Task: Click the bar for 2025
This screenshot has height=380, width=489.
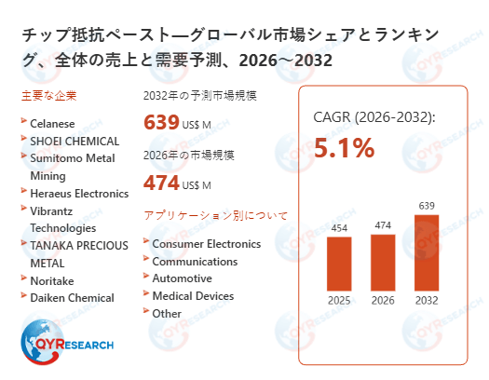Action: tap(338, 263)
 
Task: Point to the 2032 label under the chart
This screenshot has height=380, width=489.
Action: tap(426, 300)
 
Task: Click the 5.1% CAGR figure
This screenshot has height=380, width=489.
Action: tap(344, 148)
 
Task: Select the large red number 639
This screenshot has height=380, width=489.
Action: tap(161, 123)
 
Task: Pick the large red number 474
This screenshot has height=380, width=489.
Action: tap(161, 183)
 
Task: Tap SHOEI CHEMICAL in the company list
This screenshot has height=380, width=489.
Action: tap(75, 141)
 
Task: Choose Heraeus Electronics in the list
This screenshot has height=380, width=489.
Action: tap(79, 194)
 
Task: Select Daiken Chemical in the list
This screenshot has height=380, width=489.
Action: tap(72, 298)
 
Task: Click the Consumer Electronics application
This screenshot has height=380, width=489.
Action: tap(206, 244)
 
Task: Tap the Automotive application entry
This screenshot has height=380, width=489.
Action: tap(182, 278)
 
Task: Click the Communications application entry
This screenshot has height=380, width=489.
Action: tap(195, 262)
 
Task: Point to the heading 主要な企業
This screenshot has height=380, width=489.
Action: tap(48, 96)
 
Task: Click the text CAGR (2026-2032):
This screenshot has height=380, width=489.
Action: tap(374, 118)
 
